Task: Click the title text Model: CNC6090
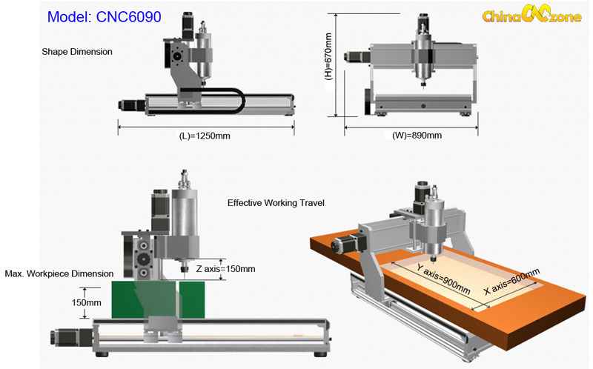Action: pyautogui.click(x=104, y=17)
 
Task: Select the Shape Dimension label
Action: pyautogui.click(x=77, y=52)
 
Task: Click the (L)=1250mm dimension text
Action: pyautogui.click(x=206, y=136)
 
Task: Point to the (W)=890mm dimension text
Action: pyautogui.click(x=417, y=136)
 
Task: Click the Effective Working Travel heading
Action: pyautogui.click(x=276, y=202)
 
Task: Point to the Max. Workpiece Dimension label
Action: pyautogui.click(x=59, y=273)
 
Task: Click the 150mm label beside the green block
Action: pyautogui.click(x=87, y=302)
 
